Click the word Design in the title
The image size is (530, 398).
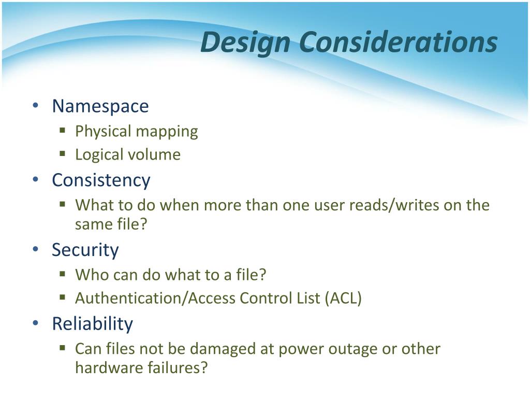pos(245,42)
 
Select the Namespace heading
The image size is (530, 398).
pos(100,107)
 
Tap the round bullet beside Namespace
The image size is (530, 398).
pos(36,106)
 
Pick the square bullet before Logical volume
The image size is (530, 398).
pos(62,154)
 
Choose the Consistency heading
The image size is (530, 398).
pos(101,180)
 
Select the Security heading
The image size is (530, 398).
pos(85,250)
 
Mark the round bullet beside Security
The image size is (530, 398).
pos(36,249)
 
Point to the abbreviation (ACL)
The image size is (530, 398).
pos(343,298)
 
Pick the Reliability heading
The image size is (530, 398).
pos(93,324)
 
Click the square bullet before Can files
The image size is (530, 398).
pos(62,348)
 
